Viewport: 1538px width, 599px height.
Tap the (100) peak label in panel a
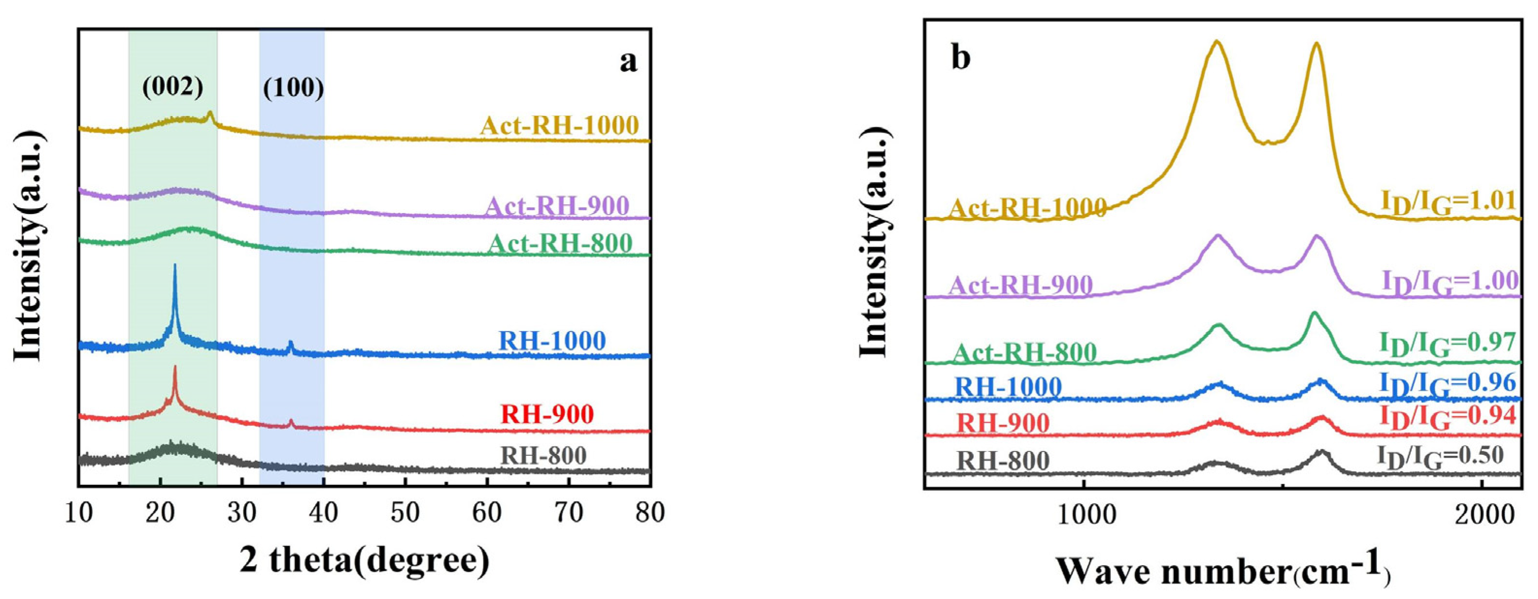[293, 88]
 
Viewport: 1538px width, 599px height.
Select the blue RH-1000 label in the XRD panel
[552, 341]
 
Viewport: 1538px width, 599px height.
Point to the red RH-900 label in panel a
[548, 414]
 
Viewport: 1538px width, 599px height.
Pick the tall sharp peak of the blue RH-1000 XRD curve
[174, 267]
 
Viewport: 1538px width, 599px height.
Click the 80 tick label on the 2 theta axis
[650, 513]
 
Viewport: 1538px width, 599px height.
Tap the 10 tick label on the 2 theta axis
[79, 513]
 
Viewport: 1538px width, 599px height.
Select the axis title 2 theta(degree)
[365, 561]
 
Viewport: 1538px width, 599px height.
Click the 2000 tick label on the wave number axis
[1481, 514]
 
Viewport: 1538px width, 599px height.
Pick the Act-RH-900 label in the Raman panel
[1021, 286]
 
